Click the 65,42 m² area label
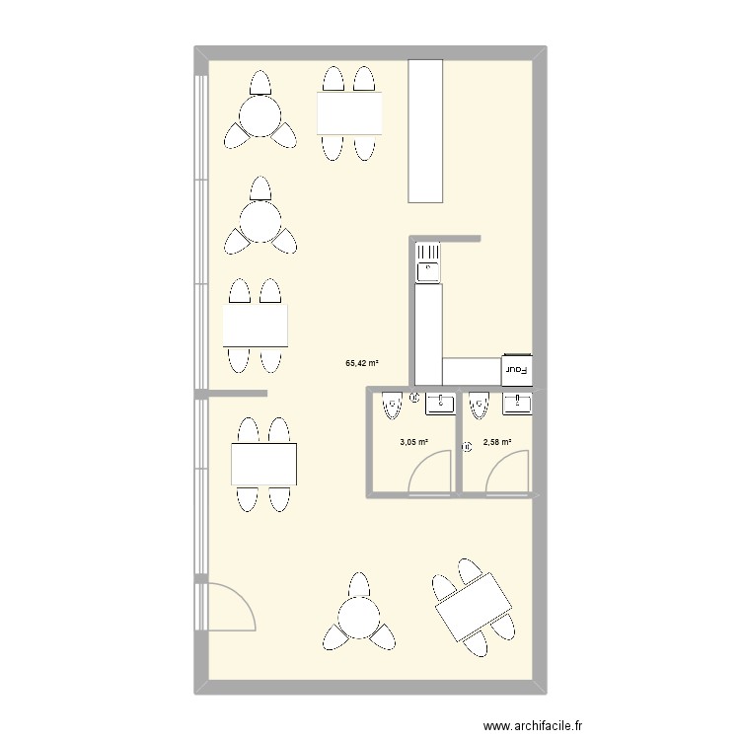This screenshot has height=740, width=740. pos(362,363)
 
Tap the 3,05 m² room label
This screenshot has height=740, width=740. pos(413,442)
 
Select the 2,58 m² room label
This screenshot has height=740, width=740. pos(497,442)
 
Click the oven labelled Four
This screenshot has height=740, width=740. pos(517,370)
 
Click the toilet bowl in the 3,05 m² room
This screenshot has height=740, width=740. pos(393,406)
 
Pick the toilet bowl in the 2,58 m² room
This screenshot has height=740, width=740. pos(479,406)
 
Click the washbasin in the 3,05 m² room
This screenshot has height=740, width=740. pos(440,404)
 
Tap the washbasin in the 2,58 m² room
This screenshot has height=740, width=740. pos(518,404)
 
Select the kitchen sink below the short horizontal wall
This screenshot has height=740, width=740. pos(427,262)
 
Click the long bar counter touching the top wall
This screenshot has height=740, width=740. pos(425,130)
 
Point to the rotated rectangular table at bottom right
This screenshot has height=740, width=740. pos(474,608)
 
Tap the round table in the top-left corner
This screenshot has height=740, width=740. pos(260,116)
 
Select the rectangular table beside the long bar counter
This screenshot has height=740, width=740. pos(349,113)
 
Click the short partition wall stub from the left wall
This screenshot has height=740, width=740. pos(238,393)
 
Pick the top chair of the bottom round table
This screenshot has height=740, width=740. pos(359,585)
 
